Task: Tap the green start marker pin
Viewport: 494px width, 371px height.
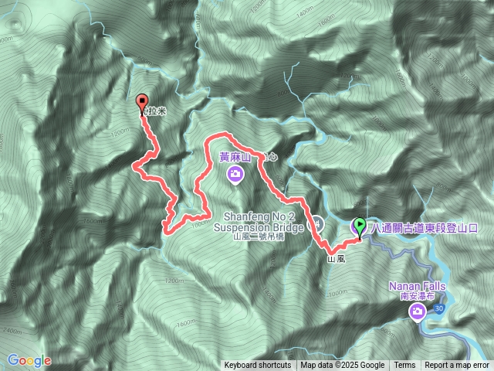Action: (x=359, y=227)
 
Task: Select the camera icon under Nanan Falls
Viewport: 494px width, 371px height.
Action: (x=417, y=311)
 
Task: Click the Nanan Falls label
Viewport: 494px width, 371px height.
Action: (x=417, y=287)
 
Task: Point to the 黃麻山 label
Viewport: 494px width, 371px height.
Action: (x=235, y=157)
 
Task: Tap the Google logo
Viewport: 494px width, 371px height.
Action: (x=29, y=360)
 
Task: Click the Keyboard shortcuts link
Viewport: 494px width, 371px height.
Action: (x=258, y=366)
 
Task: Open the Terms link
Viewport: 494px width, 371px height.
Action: (x=404, y=366)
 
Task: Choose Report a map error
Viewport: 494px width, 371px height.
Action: (x=457, y=366)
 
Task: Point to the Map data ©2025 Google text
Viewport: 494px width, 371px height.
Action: (x=342, y=366)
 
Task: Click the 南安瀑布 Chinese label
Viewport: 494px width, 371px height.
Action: (x=417, y=296)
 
